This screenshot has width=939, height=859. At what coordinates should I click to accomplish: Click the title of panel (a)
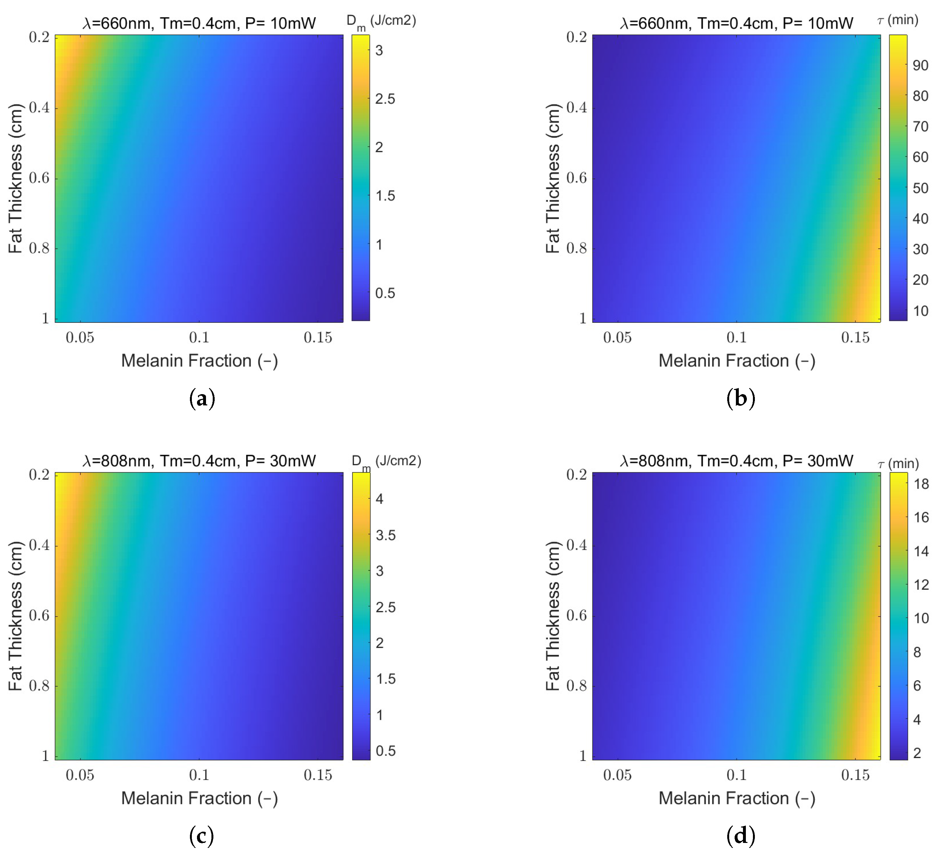[199, 23]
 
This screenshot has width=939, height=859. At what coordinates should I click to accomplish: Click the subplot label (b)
[741, 399]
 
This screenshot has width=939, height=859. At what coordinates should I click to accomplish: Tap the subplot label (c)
[202, 836]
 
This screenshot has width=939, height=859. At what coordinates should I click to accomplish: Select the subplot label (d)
[741, 836]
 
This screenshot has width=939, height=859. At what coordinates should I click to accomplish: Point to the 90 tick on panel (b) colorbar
[920, 65]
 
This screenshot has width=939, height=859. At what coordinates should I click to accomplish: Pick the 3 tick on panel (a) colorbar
[379, 50]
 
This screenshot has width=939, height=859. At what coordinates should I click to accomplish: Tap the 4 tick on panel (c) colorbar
[380, 499]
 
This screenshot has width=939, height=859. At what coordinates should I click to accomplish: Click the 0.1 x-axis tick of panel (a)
[199, 337]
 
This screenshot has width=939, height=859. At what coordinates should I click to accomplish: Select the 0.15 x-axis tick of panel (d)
[855, 775]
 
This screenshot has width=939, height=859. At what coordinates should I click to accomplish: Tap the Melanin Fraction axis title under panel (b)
[737, 361]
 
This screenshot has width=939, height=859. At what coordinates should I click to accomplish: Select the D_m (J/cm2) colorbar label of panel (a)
[381, 22]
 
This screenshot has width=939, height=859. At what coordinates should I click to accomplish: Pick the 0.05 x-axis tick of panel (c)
[80, 775]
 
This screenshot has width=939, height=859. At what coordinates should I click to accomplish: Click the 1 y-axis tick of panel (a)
[45, 318]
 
